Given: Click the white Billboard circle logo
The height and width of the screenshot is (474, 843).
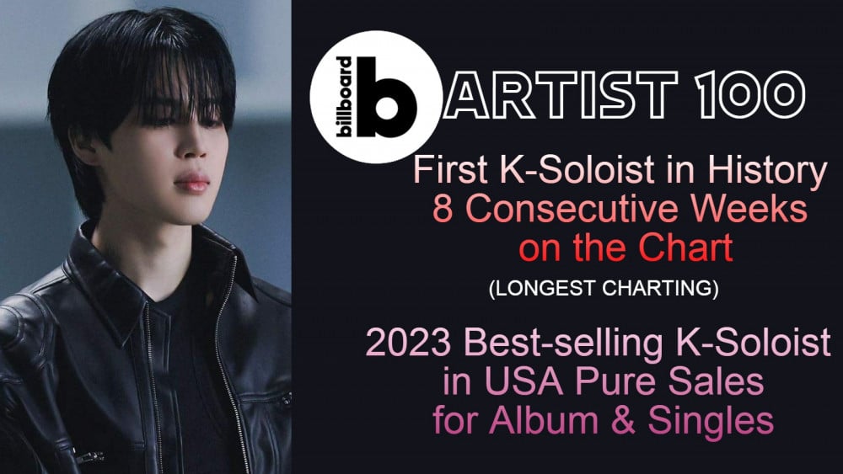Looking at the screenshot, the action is (x=376, y=97).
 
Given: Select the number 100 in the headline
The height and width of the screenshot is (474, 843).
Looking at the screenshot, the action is (x=749, y=94).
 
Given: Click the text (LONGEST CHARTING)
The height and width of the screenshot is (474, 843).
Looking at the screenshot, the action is (x=604, y=288).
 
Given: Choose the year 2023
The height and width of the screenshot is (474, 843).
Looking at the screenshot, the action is (x=408, y=343).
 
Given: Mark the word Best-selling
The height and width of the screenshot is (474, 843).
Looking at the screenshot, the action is (x=563, y=344).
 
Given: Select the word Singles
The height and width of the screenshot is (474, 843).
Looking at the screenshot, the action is (x=711, y=422).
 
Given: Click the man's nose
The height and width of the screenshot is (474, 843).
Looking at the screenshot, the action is (x=192, y=145).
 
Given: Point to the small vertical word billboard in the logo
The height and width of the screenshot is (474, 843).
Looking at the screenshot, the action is (x=344, y=97).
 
